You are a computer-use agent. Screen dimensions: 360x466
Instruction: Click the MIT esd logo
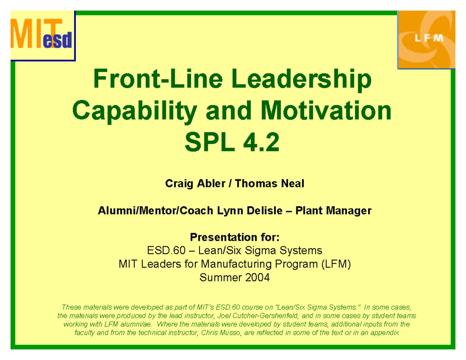[x=42, y=36]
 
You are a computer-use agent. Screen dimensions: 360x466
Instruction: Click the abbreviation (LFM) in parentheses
[x=336, y=264]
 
